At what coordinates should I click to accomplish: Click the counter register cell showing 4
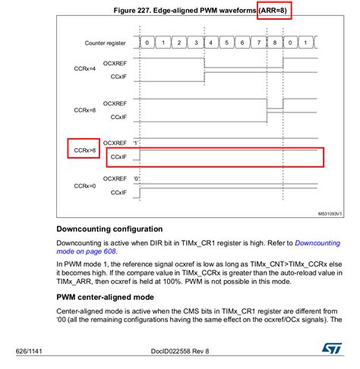pyautogui.click(x=212, y=43)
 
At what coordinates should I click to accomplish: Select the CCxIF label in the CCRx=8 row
pyautogui.click(x=117, y=118)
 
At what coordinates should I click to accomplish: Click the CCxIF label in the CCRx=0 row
pyautogui.click(x=117, y=193)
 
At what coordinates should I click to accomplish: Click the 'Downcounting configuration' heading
pyautogui.click(x=109, y=229)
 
